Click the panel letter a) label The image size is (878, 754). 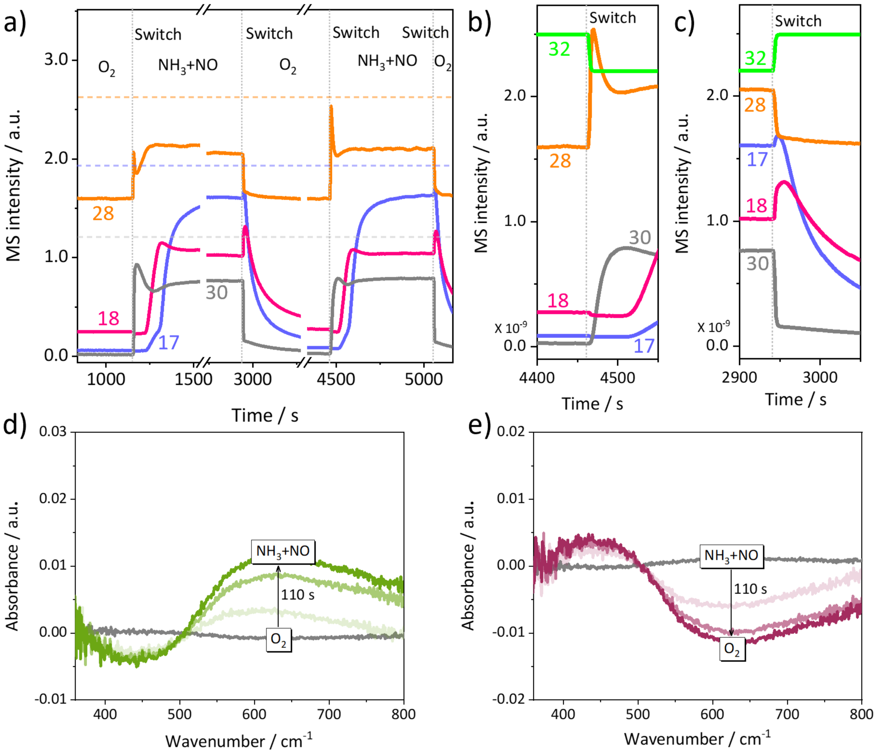pyautogui.click(x=15, y=23)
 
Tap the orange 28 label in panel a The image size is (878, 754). pyautogui.click(x=103, y=213)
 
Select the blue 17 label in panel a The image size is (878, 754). pyautogui.click(x=169, y=342)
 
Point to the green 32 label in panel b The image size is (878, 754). pyautogui.click(x=559, y=49)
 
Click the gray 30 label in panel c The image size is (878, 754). pyautogui.click(x=758, y=264)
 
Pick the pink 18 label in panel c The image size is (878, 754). pyautogui.click(x=757, y=206)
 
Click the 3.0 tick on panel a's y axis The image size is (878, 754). pyautogui.click(x=56, y=60)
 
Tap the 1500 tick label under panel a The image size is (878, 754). pyautogui.click(x=193, y=379)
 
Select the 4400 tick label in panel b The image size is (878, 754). pyautogui.click(x=537, y=377)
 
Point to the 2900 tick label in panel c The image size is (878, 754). pyautogui.click(x=740, y=377)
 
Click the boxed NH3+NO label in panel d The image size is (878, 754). pyautogui.click(x=283, y=551)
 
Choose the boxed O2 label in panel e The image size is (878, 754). pyautogui.click(x=732, y=649)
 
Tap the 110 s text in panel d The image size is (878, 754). pyautogui.click(x=298, y=595)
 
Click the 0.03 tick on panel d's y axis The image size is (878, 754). pyautogui.click(x=53, y=432)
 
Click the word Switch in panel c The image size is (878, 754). pyautogui.click(x=798, y=21)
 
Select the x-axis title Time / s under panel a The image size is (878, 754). pyautogui.click(x=265, y=415)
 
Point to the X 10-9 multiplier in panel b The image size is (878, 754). pyautogui.click(x=511, y=328)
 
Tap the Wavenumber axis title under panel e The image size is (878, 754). pyautogui.click(x=697, y=738)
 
